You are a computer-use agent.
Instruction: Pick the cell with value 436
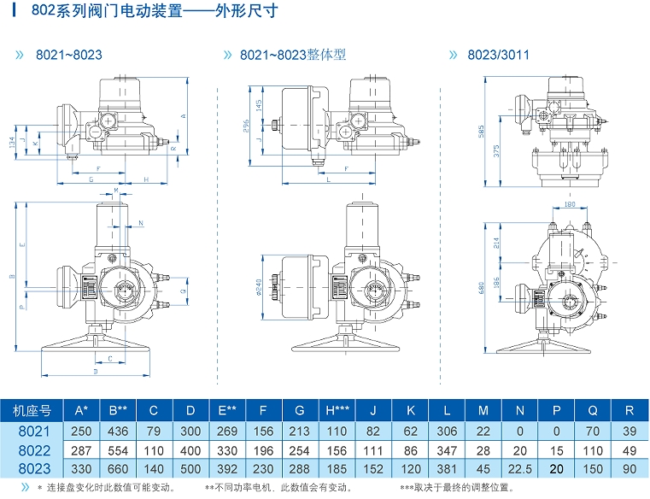[x=117, y=433]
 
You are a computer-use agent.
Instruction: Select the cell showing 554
[x=117, y=451]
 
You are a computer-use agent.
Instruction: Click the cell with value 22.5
[x=522, y=469]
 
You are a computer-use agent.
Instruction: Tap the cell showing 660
[x=117, y=469]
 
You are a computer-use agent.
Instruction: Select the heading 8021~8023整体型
[x=292, y=55]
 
